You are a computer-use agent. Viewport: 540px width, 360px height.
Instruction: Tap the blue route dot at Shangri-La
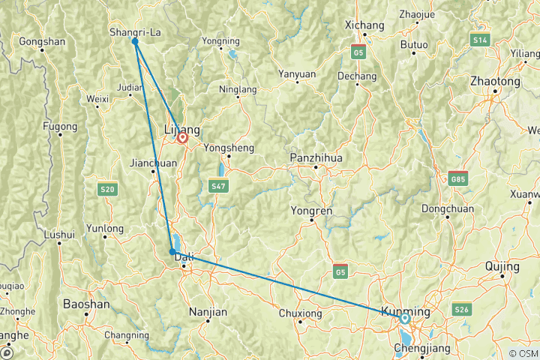point(135,41)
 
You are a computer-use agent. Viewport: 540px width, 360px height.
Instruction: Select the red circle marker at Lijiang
point(182,138)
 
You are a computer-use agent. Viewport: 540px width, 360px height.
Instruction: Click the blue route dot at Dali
point(172,252)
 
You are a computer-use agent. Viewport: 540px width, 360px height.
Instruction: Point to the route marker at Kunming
point(405,319)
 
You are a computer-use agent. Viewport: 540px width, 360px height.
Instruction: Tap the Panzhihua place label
point(316,158)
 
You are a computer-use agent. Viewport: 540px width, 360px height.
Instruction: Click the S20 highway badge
point(108,190)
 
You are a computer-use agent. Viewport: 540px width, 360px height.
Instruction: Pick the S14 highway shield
point(480,39)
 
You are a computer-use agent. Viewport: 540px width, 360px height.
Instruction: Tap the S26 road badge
point(462,310)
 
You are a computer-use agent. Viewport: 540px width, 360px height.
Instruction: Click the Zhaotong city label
point(494,81)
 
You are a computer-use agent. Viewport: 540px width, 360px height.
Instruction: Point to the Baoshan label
point(86,304)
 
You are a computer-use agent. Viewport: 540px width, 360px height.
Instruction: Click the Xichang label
point(364,25)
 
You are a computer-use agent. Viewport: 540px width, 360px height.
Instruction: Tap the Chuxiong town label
point(299,313)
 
